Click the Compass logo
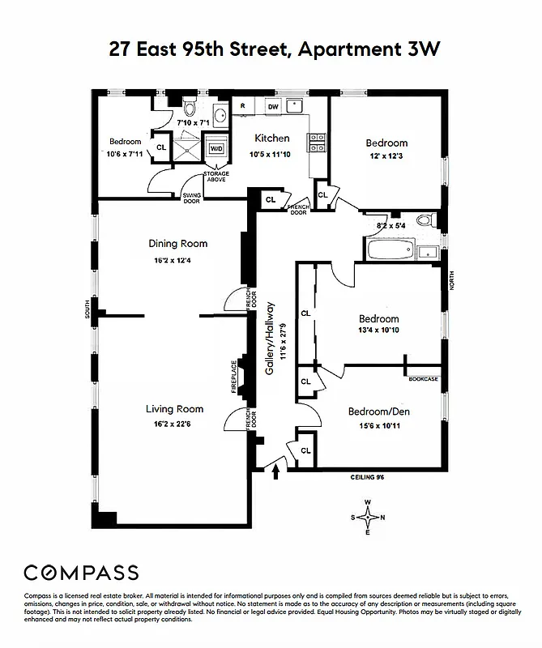(81, 573)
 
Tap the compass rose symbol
(369, 515)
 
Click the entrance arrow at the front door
(279, 468)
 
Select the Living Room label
(174, 409)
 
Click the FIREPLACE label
(233, 377)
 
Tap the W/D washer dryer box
(216, 149)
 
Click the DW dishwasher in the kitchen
(273, 106)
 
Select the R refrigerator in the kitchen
(242, 106)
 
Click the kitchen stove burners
(316, 143)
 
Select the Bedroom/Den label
(379, 411)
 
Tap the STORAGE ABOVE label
(216, 177)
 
